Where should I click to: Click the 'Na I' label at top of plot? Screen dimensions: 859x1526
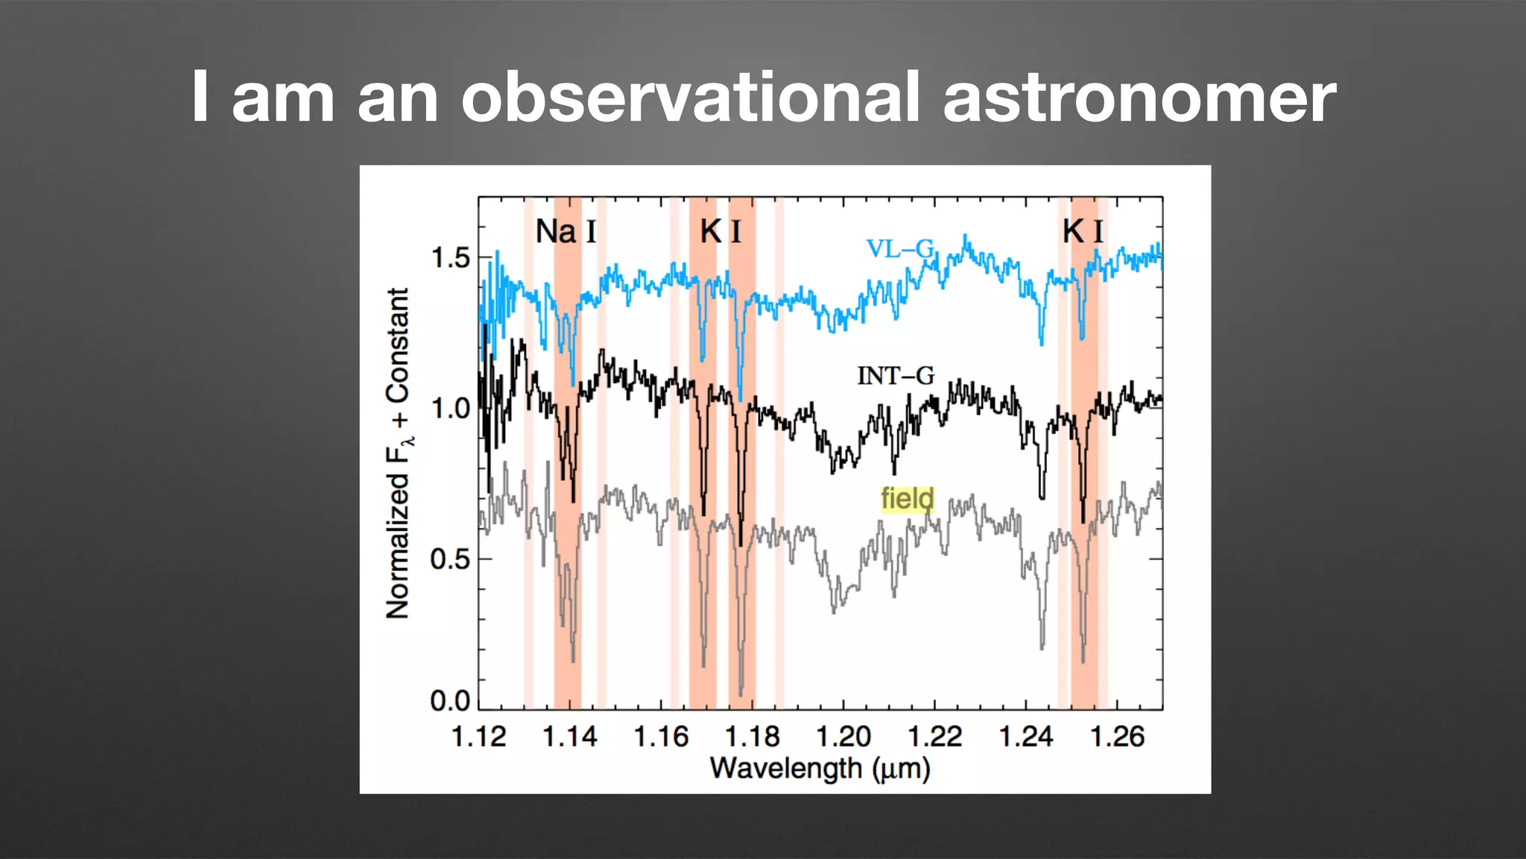(566, 232)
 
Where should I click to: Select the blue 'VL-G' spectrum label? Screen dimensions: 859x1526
(899, 249)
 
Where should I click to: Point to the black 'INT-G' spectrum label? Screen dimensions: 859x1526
(895, 376)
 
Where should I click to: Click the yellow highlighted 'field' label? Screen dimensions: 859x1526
(907, 499)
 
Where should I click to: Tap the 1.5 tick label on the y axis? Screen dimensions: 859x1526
(451, 259)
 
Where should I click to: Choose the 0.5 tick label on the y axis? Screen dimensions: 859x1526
(450, 559)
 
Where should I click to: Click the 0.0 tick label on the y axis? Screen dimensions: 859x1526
(450, 701)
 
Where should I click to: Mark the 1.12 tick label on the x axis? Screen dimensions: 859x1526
(478, 737)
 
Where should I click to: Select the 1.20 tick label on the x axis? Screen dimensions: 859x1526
(843, 737)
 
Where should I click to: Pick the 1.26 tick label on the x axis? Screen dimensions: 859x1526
(1117, 737)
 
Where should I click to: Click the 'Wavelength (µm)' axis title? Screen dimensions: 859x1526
(820, 768)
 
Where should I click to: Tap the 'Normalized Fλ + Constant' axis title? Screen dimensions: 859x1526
(399, 453)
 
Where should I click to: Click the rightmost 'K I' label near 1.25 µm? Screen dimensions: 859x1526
(1083, 232)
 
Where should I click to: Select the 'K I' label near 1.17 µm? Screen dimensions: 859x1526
(721, 232)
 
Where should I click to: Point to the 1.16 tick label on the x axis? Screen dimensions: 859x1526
(661, 737)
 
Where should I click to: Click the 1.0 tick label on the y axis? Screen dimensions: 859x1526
(451, 409)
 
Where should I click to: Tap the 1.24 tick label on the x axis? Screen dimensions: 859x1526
(1026, 737)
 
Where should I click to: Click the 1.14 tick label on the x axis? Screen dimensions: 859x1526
(569, 737)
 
